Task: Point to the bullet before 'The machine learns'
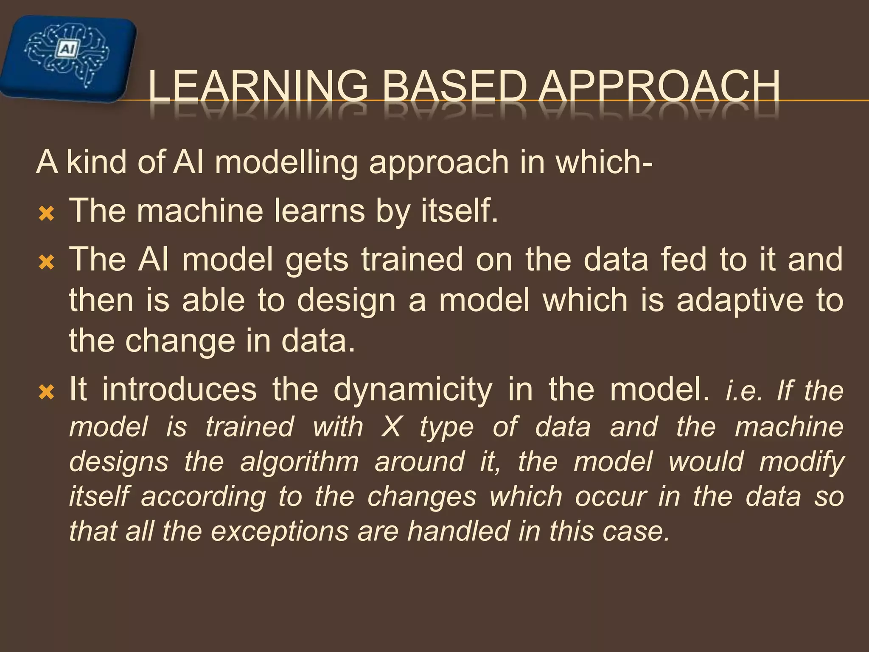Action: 46,214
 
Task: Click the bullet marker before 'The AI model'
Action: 46,263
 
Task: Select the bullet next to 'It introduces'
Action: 46,392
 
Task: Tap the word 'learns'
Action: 319,211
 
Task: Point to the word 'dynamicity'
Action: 413,389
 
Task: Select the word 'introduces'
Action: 179,389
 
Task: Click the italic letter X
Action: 391,427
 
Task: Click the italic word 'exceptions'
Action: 280,531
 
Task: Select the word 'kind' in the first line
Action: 97,162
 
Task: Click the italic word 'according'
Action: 204,497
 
